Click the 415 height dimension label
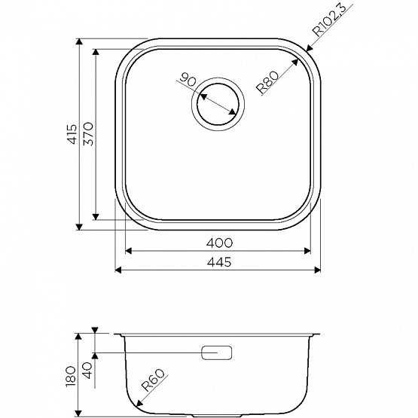pos(72,134)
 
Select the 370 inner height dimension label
pos(89,134)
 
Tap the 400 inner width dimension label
pos(219,243)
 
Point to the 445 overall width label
pos(219,263)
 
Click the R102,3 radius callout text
pos(330,20)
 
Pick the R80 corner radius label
pos(267,82)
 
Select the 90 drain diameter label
pos(188,80)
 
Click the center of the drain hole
pos(218,104)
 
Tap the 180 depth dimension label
pos(72,377)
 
